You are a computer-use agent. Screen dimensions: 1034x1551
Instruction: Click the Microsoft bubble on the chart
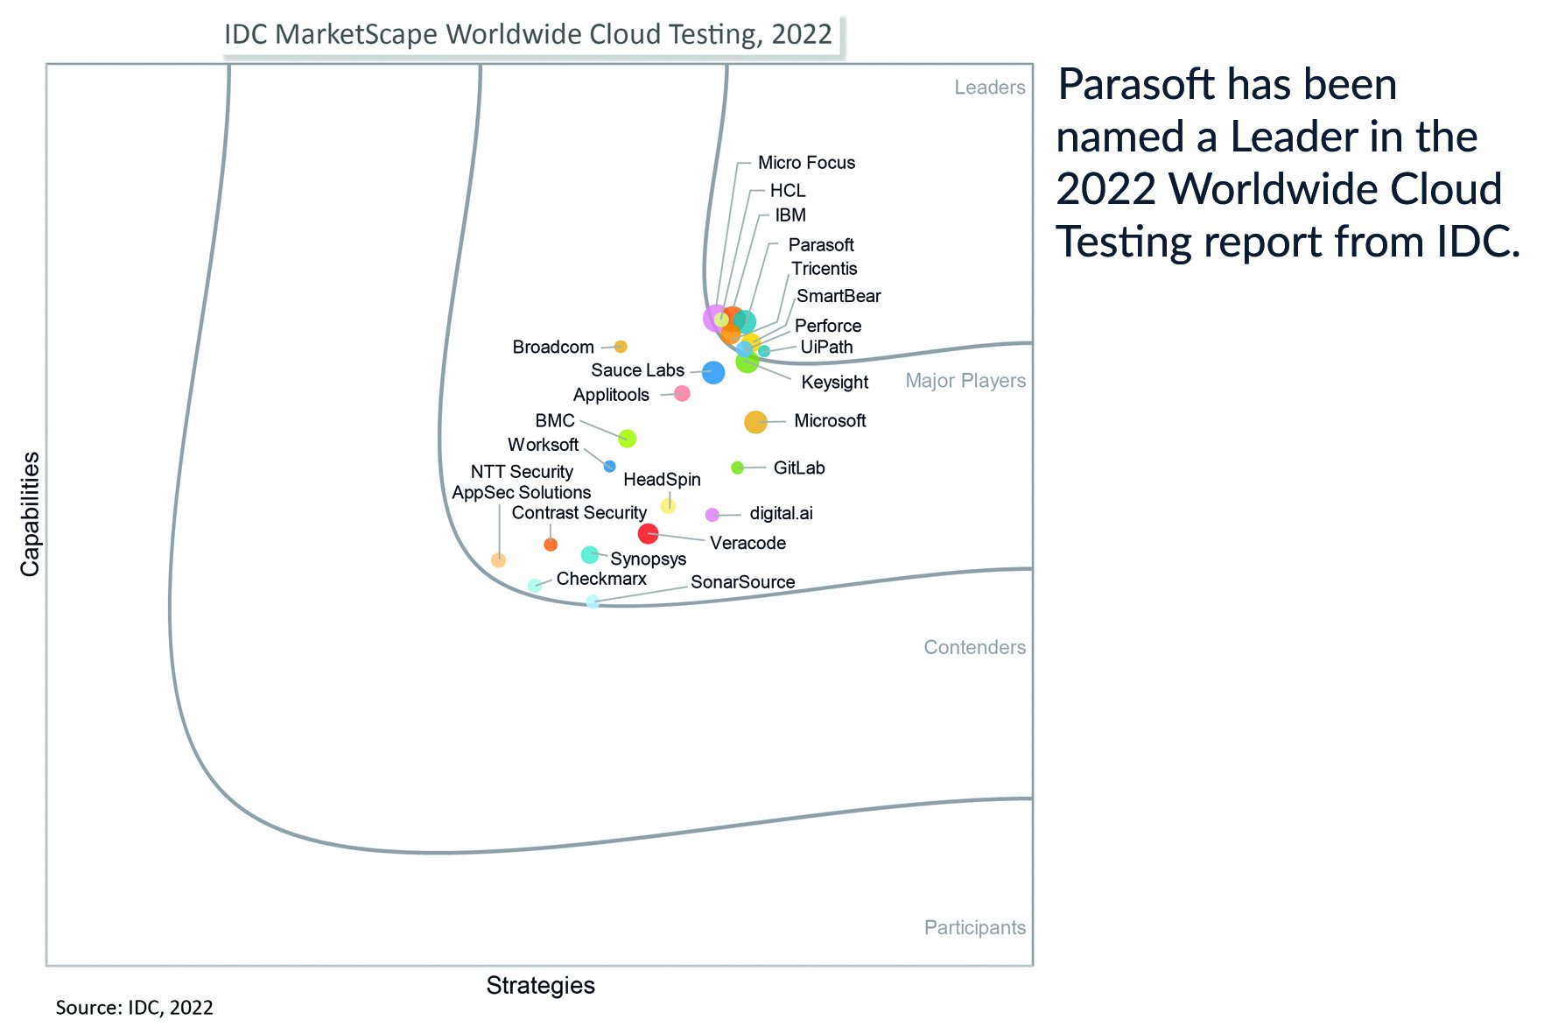[754, 422]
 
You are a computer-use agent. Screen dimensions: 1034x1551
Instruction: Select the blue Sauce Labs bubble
[713, 372]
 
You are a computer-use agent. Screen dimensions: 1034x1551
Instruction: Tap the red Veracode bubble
[648, 533]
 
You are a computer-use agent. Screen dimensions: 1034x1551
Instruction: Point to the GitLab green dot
[737, 468]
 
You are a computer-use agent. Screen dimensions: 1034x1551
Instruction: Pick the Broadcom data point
[621, 347]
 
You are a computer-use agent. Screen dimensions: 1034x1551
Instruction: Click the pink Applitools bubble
[682, 394]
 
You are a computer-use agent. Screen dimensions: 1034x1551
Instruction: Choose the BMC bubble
[627, 439]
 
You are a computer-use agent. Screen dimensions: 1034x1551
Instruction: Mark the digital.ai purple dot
[712, 515]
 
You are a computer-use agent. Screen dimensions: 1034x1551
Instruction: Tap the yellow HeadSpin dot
[668, 505]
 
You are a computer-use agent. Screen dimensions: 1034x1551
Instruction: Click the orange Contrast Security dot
[551, 545]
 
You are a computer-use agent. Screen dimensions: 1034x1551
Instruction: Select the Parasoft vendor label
[820, 245]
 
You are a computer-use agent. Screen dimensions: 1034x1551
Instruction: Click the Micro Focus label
[805, 163]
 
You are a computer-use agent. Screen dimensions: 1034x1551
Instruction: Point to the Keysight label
[834, 383]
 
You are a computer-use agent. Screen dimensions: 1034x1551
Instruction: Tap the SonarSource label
[742, 582]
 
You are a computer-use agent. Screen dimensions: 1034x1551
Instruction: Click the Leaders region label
[989, 88]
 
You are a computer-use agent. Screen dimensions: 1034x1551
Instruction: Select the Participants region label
[974, 928]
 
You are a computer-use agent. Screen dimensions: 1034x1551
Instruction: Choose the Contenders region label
[974, 648]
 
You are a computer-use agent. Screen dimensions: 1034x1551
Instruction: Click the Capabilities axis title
[31, 514]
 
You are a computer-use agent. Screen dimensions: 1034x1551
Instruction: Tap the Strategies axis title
[540, 986]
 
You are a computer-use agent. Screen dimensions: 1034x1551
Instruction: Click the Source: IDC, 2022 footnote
[134, 1008]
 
